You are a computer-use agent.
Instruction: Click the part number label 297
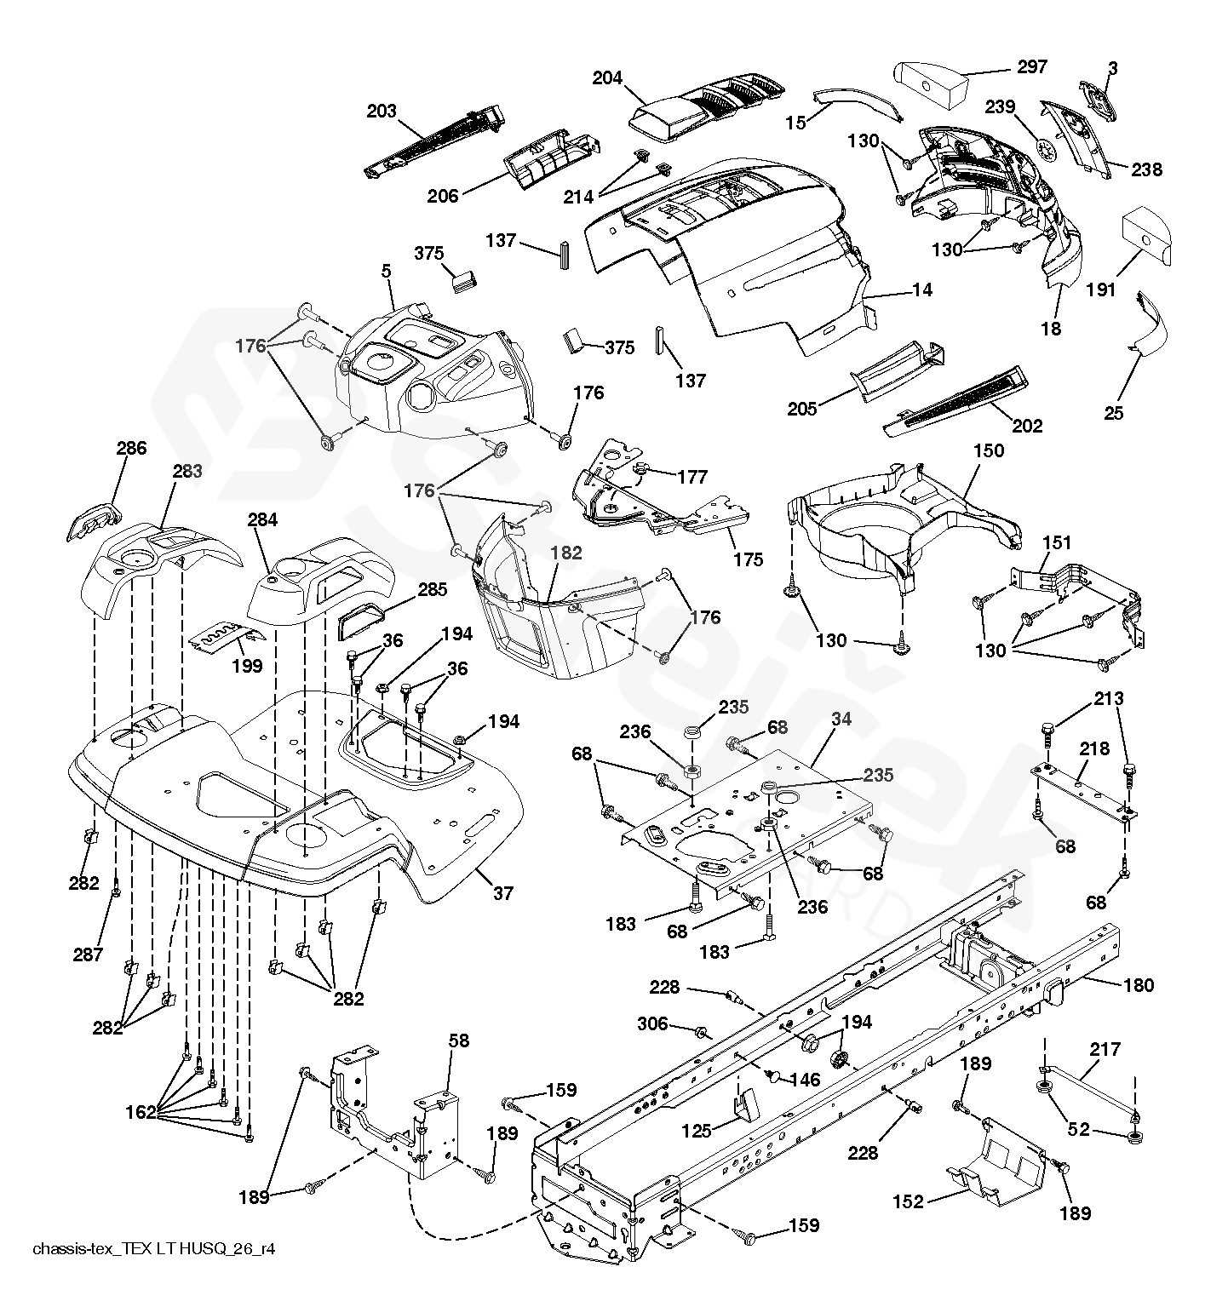(x=1032, y=66)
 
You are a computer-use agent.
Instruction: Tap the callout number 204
(x=608, y=78)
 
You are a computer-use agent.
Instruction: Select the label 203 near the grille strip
(x=382, y=112)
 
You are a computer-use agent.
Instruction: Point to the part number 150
(x=989, y=450)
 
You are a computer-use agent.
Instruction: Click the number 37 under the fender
(x=503, y=893)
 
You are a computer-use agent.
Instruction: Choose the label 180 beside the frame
(x=1139, y=985)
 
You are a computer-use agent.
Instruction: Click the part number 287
(x=88, y=954)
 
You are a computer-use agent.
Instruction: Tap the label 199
(x=248, y=667)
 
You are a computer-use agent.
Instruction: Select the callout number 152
(x=909, y=1201)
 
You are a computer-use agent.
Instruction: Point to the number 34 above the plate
(x=841, y=719)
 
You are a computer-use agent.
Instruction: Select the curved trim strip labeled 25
(x=1150, y=324)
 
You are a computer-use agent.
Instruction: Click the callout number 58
(x=459, y=1041)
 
